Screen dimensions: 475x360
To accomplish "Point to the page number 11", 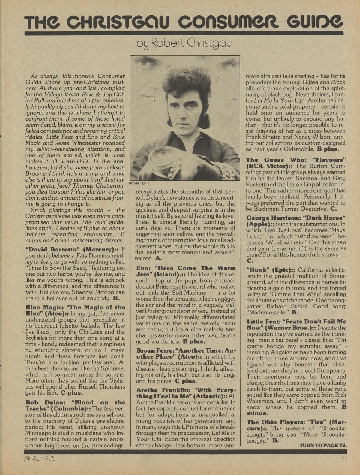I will pos(344,458).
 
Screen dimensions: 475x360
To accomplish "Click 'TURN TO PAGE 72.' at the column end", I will pos(323,445).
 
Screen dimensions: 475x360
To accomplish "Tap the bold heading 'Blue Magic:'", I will pos(39,307).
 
